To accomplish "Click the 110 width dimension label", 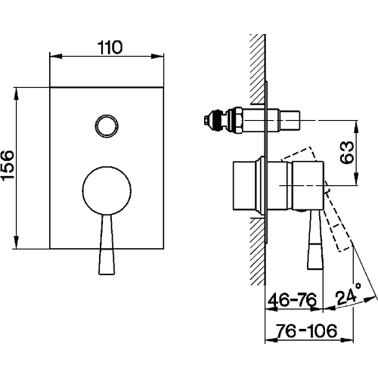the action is click(110, 48).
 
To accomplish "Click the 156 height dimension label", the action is click(8, 165).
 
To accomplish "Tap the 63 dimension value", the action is click(347, 153).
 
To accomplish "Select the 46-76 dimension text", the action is click(292, 300).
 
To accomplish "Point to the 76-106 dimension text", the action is click(306, 330).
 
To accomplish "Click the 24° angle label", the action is click(349, 294).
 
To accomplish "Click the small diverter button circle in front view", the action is click(107, 126).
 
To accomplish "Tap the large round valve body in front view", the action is click(107, 191).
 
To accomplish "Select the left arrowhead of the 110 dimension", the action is click(56, 56).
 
